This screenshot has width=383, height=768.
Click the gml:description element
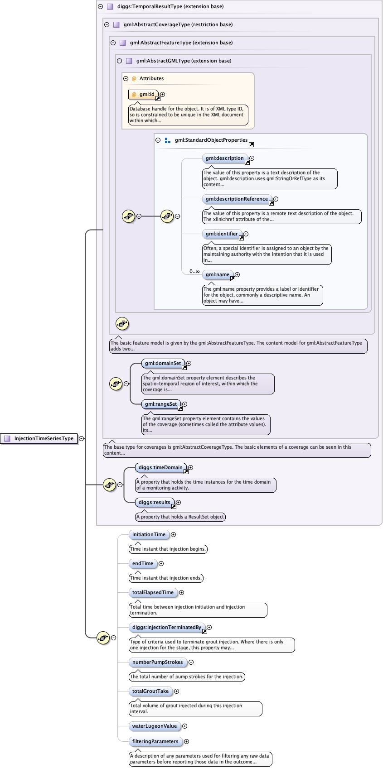(x=225, y=158)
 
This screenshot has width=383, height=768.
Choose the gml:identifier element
(x=222, y=234)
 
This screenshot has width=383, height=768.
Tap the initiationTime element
(x=149, y=534)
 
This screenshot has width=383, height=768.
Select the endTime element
(x=143, y=563)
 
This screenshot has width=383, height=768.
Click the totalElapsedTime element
(x=153, y=592)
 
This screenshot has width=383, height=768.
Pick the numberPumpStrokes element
(x=158, y=662)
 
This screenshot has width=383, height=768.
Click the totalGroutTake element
(x=150, y=691)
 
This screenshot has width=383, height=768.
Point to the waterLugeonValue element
(x=155, y=726)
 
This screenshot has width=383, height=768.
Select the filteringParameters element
(x=155, y=741)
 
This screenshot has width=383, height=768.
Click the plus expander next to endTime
(x=161, y=564)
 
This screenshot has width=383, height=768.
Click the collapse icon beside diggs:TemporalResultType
(x=100, y=7)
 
